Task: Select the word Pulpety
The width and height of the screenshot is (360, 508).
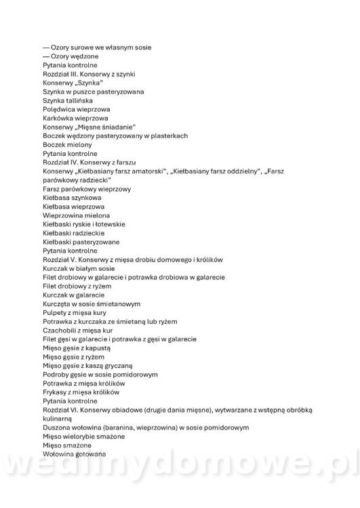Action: [54, 312]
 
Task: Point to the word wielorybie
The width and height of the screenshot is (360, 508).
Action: [81, 437]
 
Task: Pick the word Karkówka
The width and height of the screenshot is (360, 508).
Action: [59, 118]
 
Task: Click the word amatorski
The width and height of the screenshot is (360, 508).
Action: [149, 171]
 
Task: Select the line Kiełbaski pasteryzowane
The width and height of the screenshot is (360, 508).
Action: [81, 242]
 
